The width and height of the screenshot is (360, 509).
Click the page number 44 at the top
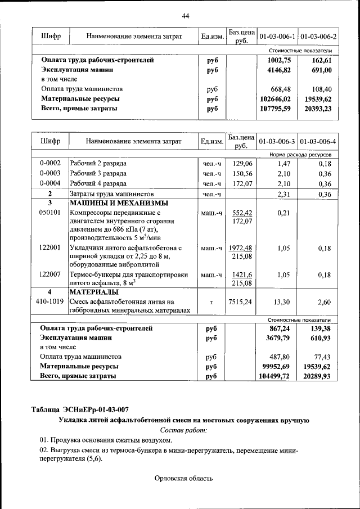click(x=186, y=16)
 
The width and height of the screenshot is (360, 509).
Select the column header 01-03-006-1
click(x=277, y=37)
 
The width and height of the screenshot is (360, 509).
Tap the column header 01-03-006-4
click(x=318, y=141)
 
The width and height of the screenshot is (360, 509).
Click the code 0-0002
click(x=50, y=163)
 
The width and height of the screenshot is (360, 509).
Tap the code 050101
click(x=50, y=213)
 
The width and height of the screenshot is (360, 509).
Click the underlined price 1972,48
click(x=240, y=247)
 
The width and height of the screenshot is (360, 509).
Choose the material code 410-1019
click(x=50, y=302)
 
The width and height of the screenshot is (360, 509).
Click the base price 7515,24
click(x=240, y=302)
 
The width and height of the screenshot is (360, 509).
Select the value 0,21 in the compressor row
click(x=282, y=213)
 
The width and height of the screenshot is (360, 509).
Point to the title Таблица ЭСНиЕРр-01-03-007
click(x=83, y=409)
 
